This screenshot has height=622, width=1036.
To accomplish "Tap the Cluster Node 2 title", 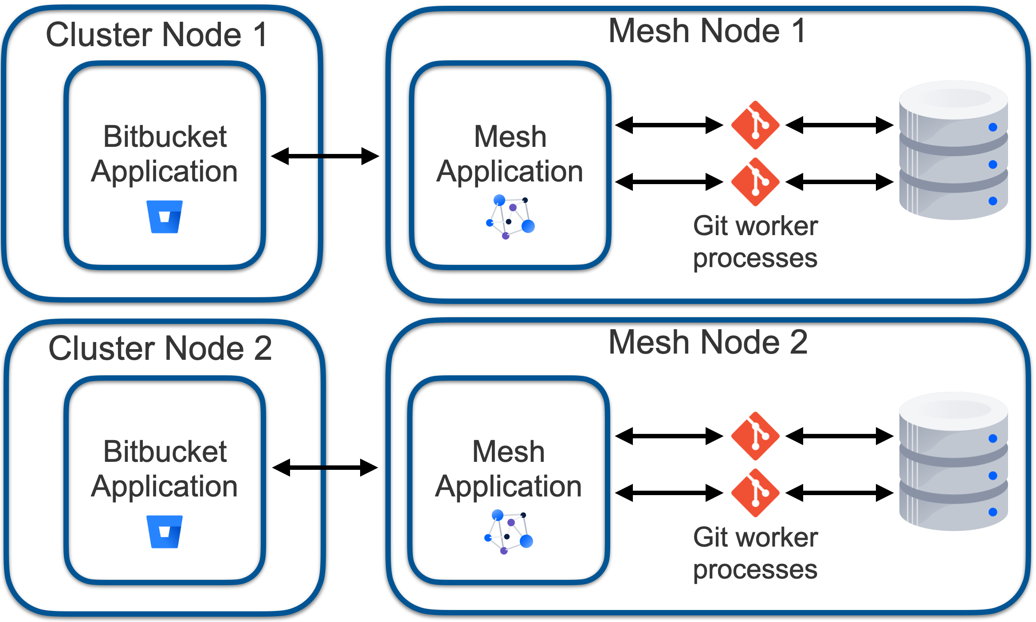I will coord(160,348).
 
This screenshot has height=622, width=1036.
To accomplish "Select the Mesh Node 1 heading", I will coord(707,31).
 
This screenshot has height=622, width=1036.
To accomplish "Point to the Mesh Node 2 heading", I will coord(708,342).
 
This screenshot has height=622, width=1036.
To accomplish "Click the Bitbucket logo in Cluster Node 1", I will coord(165,217).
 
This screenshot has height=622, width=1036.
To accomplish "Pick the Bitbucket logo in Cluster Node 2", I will coord(165,531).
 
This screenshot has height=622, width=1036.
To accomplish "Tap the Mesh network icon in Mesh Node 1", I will coord(510,217).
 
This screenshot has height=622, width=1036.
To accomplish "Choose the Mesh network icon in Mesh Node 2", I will coord(508,531).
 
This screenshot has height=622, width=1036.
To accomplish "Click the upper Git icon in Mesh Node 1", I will coord(755,125).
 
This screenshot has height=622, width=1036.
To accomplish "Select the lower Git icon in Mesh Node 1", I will coord(755,182).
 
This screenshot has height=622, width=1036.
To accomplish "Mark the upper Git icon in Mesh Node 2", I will coord(755,436).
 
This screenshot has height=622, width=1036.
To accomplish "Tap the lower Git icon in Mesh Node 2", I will coord(755,493).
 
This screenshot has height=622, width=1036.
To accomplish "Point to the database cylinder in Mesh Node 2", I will coord(954,461).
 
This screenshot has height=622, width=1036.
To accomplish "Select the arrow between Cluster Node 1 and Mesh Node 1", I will coord(325,156).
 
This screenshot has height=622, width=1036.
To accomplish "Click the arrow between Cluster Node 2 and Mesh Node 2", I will coord(325,468).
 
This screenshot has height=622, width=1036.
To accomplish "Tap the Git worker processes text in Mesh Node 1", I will coord(755,242).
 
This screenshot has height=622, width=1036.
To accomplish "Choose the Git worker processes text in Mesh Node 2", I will coord(755,553).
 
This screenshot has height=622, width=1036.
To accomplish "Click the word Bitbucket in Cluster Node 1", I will coord(165,136).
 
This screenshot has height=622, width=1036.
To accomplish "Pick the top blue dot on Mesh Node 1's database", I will coord(993,127).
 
